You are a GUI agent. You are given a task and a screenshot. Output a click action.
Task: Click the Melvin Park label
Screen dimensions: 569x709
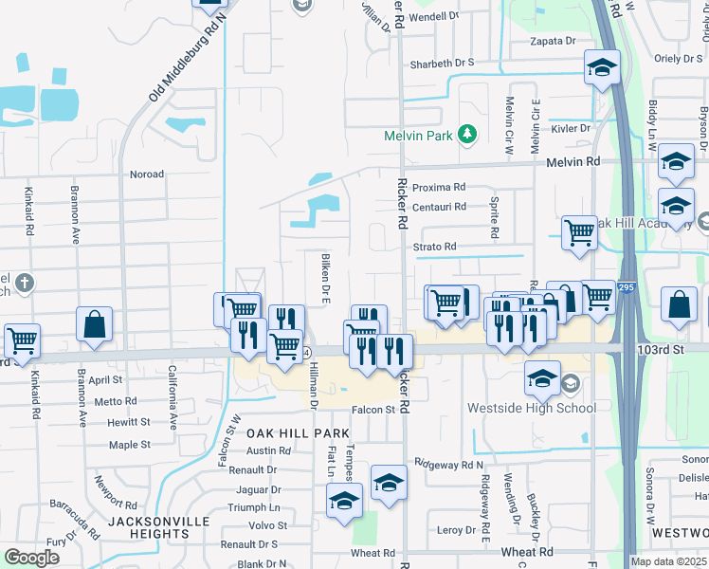[418, 136]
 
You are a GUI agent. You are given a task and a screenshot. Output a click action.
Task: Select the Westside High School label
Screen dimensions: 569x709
[532, 409]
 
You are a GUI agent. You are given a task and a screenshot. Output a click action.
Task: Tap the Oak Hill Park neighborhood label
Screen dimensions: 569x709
[284, 432]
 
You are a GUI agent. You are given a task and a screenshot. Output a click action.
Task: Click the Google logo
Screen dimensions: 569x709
[31, 558]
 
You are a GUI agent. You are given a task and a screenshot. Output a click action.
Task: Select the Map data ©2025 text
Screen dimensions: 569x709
[669, 561]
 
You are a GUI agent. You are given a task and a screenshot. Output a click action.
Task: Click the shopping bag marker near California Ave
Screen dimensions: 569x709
[96, 324]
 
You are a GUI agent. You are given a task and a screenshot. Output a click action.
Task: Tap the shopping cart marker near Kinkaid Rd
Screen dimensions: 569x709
[22, 340]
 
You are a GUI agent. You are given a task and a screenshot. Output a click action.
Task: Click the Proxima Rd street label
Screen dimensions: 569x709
[440, 188]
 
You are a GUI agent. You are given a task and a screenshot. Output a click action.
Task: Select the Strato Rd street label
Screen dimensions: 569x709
[434, 247]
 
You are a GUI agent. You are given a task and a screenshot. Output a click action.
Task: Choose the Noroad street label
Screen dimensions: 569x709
[147, 174]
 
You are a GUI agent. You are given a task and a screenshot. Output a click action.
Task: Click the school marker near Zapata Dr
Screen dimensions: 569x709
[601, 67]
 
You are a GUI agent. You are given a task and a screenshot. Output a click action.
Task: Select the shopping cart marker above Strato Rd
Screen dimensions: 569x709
[578, 230]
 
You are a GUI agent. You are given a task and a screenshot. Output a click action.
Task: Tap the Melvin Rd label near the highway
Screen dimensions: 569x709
[573, 162]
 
